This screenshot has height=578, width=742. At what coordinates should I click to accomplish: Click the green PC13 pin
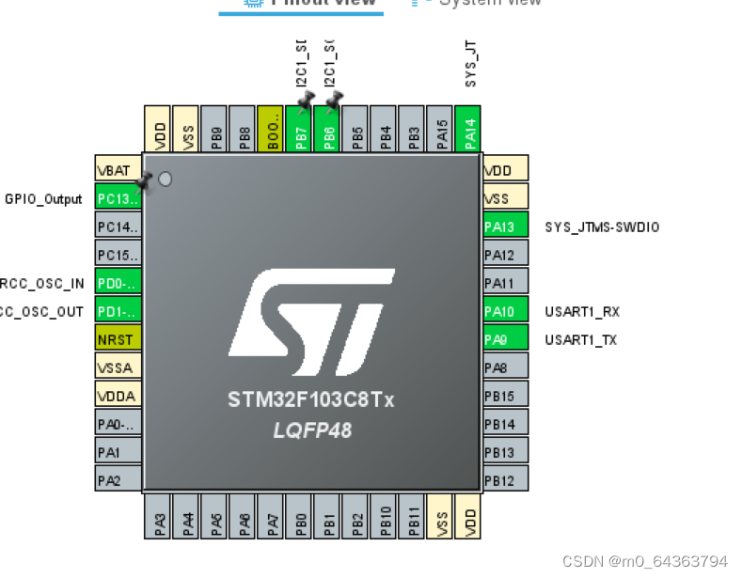(x=118, y=199)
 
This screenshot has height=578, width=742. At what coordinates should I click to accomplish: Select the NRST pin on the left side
(x=118, y=338)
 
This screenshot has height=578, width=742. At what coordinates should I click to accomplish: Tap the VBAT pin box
(x=118, y=170)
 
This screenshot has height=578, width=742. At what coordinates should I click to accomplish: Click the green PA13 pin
(x=505, y=227)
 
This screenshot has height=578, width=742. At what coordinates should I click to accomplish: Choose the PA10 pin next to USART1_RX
(x=505, y=311)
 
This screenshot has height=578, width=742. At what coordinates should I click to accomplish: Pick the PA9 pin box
(x=505, y=339)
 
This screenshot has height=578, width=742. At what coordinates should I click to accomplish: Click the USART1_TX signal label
(x=581, y=339)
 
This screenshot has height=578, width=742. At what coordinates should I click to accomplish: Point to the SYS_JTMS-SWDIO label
(x=602, y=227)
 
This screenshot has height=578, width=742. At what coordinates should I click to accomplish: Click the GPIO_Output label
(x=43, y=199)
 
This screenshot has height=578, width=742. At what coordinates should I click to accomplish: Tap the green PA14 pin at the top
(x=467, y=129)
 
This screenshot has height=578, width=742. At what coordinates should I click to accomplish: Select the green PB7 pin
(x=299, y=129)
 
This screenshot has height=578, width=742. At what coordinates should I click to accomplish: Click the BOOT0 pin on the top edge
(x=271, y=129)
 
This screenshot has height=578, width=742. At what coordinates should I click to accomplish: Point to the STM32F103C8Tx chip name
(x=311, y=400)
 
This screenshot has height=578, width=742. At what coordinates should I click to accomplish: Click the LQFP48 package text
(x=311, y=430)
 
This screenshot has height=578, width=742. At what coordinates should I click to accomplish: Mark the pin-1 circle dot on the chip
(x=166, y=179)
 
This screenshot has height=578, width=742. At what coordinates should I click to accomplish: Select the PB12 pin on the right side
(x=505, y=480)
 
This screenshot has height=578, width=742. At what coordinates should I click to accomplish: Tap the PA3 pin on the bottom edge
(x=158, y=517)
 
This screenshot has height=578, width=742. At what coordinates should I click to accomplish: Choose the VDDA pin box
(x=118, y=396)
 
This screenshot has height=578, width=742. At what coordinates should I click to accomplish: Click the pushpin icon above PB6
(x=333, y=98)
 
